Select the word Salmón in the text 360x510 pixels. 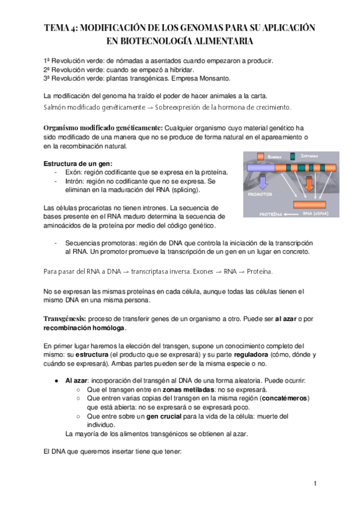coord(58,107)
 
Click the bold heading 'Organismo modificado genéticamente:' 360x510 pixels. coord(103,128)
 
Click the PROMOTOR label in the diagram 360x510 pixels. coord(258,195)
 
